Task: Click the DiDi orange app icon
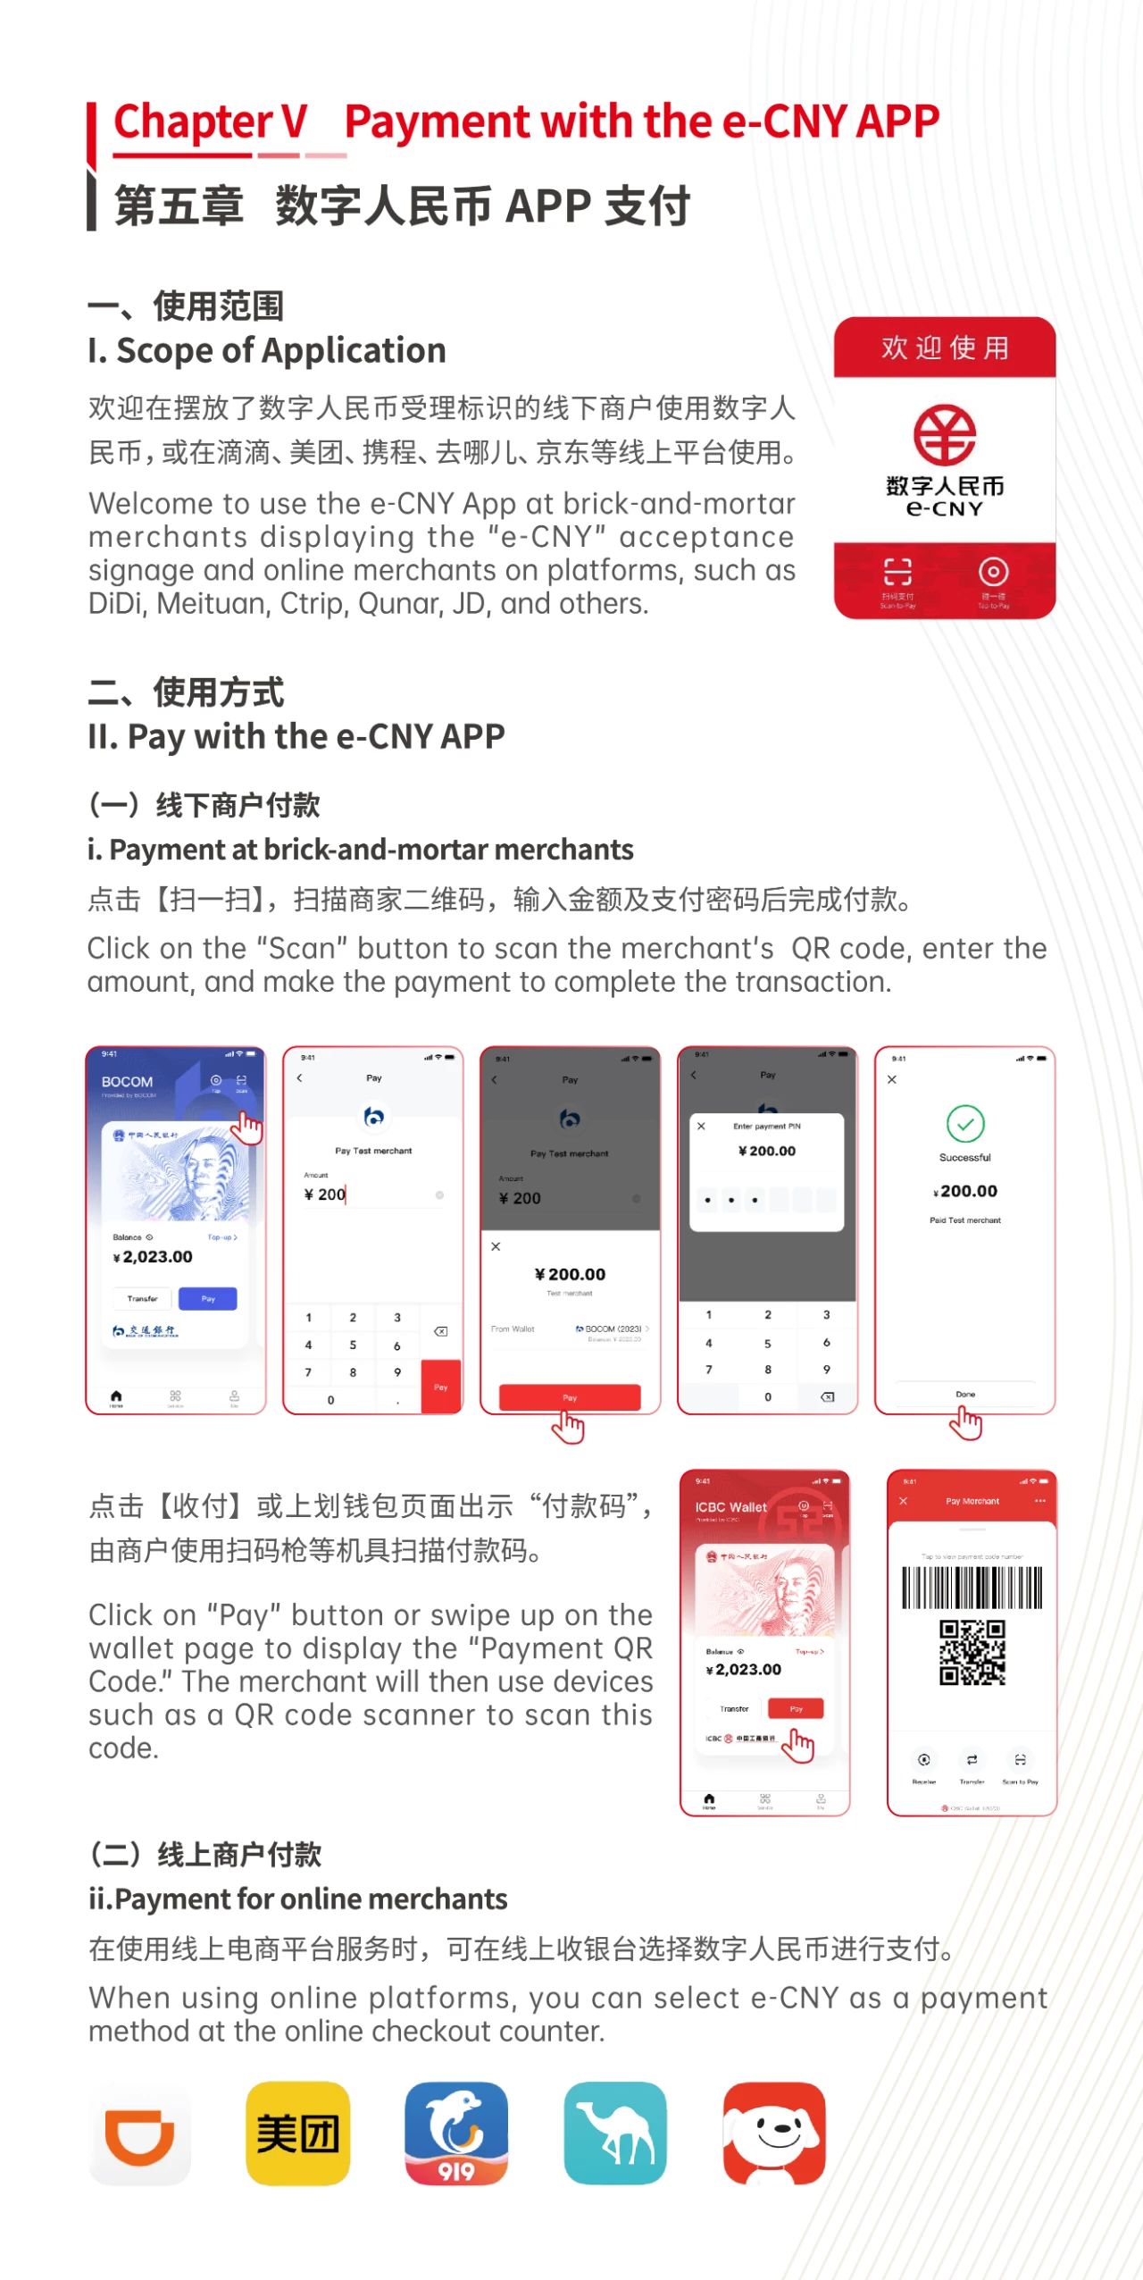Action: [140, 2133]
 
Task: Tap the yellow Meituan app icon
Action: [297, 2133]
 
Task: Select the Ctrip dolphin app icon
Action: [456, 2133]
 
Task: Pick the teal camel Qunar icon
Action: [615, 2133]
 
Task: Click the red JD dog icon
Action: [774, 2133]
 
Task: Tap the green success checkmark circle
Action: [965, 1124]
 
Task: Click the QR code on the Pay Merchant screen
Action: [972, 1652]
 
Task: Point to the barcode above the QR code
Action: [972, 1588]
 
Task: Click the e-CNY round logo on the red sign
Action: [944, 435]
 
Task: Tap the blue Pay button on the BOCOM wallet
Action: [208, 1298]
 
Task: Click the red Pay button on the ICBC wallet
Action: [796, 1708]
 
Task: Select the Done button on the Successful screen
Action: [965, 1394]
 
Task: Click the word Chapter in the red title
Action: [193, 122]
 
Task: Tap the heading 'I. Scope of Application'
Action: [267, 350]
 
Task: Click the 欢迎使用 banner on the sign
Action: [945, 348]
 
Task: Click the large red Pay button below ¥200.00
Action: [570, 1396]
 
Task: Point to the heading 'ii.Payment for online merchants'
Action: [297, 1898]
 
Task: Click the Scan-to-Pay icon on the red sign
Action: [897, 573]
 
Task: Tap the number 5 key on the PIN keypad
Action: [767, 1343]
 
